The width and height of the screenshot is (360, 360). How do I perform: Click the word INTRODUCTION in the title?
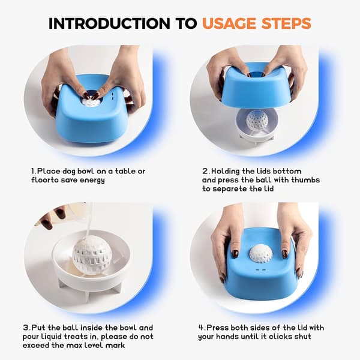pyautogui.click(x=110, y=23)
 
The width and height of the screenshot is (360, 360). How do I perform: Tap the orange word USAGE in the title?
pyautogui.click(x=229, y=23)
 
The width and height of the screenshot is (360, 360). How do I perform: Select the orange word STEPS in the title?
pyautogui.click(x=286, y=23)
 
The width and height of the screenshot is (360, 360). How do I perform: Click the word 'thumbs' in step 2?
pyautogui.click(x=305, y=180)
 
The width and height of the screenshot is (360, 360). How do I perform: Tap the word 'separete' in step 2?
pyautogui.click(x=226, y=190)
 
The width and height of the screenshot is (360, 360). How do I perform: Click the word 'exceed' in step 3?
pyautogui.click(x=35, y=346)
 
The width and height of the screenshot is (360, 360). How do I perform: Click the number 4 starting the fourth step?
pyautogui.click(x=201, y=328)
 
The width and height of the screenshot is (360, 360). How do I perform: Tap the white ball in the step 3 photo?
pyautogui.click(x=92, y=255)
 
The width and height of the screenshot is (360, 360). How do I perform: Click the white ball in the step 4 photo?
pyautogui.click(x=261, y=253)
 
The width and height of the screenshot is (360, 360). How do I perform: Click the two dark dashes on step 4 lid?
pyautogui.click(x=260, y=270)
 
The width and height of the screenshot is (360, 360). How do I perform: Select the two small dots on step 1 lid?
pyautogui.click(x=113, y=96)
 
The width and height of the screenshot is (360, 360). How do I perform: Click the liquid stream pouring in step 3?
pyautogui.click(x=89, y=219)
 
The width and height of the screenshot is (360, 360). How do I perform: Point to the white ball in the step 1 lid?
pyautogui.click(x=91, y=103)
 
